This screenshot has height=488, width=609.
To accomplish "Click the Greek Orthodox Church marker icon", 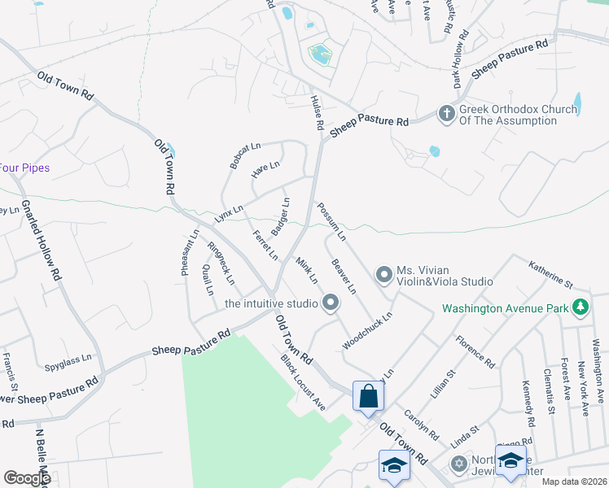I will [446, 114].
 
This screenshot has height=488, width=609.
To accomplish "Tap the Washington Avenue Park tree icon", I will [580, 307].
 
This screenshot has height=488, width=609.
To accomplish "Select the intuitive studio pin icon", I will [331, 303].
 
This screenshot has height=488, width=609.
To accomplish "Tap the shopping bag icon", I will [369, 397].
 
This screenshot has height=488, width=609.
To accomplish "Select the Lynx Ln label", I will [229, 214].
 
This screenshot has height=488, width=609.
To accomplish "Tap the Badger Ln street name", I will [280, 216].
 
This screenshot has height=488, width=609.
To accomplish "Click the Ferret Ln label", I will [265, 246].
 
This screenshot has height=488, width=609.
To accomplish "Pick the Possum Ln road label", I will [332, 221].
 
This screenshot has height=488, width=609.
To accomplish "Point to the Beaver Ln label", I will [344, 277].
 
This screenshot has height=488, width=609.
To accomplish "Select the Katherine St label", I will [551, 273].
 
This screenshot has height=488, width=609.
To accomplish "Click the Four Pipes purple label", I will [24, 168].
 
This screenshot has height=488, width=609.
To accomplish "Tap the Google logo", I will [27, 477].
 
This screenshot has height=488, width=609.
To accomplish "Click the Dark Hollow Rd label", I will [462, 59].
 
